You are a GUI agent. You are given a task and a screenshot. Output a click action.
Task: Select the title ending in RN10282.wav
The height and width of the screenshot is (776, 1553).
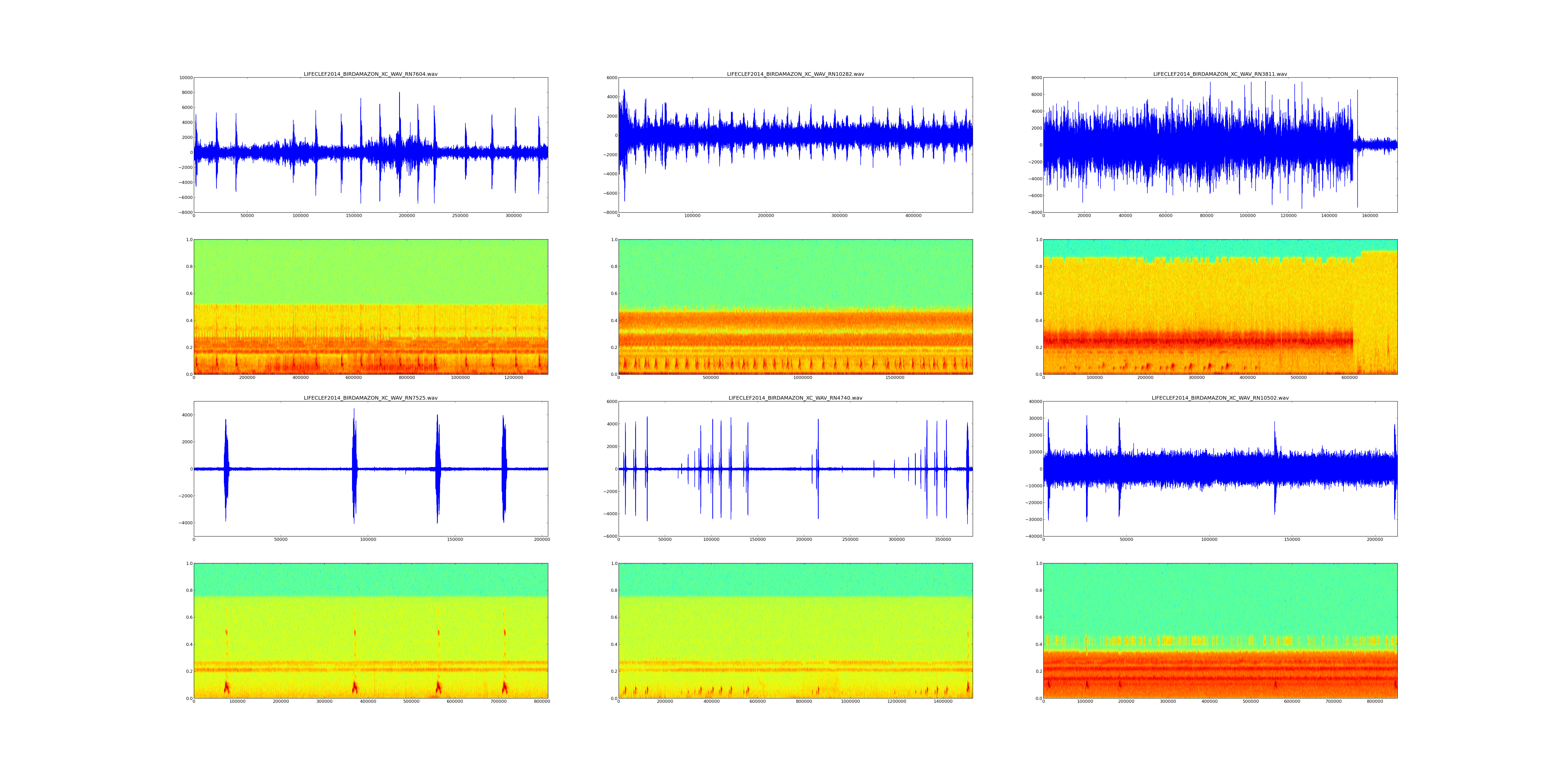795,74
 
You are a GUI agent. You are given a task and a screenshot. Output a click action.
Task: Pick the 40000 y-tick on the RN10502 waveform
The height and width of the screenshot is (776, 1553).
1033,402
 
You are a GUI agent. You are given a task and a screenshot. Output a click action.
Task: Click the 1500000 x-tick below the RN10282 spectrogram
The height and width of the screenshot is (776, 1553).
895,378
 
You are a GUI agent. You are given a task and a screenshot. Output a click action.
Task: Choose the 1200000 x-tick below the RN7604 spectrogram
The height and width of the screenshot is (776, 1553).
514,378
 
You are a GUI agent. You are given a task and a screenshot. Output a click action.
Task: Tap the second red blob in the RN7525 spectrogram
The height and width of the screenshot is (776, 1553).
355,687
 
